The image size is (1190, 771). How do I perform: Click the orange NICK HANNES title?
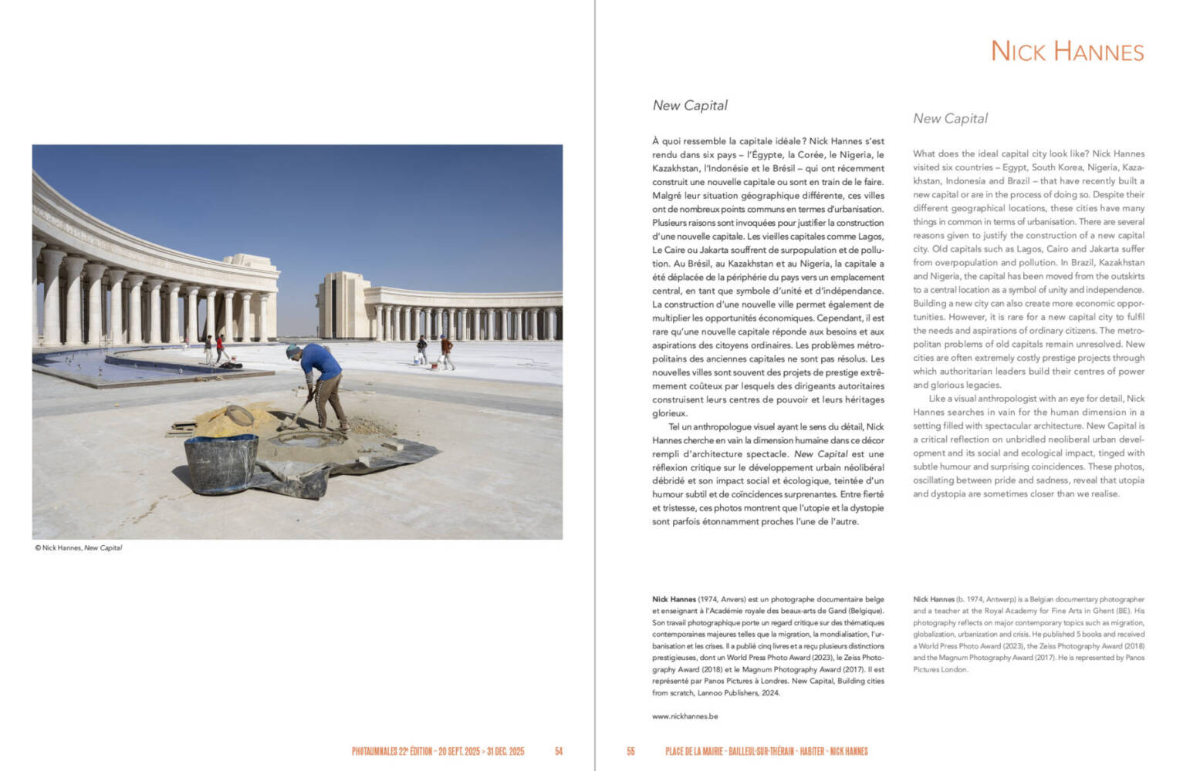pyautogui.click(x=1067, y=52)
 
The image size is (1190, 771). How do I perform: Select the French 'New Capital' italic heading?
pyautogui.click(x=690, y=106)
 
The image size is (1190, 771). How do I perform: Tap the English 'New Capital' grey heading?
pyautogui.click(x=950, y=119)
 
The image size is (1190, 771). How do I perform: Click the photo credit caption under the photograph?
pyautogui.click(x=78, y=548)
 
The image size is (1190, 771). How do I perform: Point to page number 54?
pyautogui.click(x=559, y=751)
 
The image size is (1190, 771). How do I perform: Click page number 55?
pyautogui.click(x=630, y=751)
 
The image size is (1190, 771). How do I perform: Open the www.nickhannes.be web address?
pyautogui.click(x=685, y=716)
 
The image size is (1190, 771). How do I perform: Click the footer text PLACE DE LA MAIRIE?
pyautogui.click(x=694, y=751)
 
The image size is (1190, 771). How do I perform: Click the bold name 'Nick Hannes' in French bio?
pyautogui.click(x=674, y=599)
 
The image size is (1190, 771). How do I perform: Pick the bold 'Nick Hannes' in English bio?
pyautogui.click(x=933, y=599)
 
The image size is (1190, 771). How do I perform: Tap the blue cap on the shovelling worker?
pyautogui.click(x=292, y=352)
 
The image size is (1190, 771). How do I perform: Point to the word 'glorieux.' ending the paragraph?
pyautogui.click(x=669, y=413)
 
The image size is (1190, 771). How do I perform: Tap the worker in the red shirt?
pyautogui.click(x=219, y=347)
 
